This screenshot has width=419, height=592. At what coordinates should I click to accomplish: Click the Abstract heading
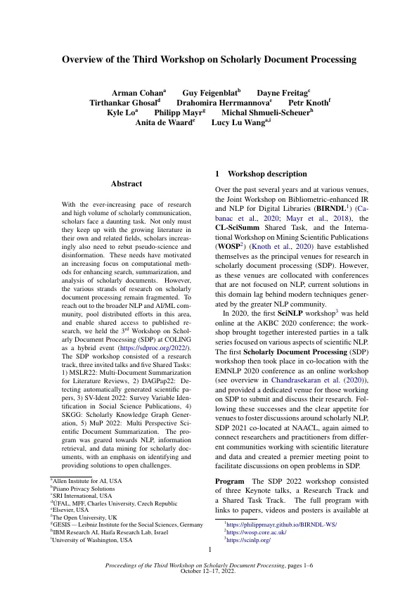[126, 184]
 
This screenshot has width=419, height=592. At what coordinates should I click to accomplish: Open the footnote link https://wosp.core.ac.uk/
[250, 532]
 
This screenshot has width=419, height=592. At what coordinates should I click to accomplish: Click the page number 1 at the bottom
[209, 549]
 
